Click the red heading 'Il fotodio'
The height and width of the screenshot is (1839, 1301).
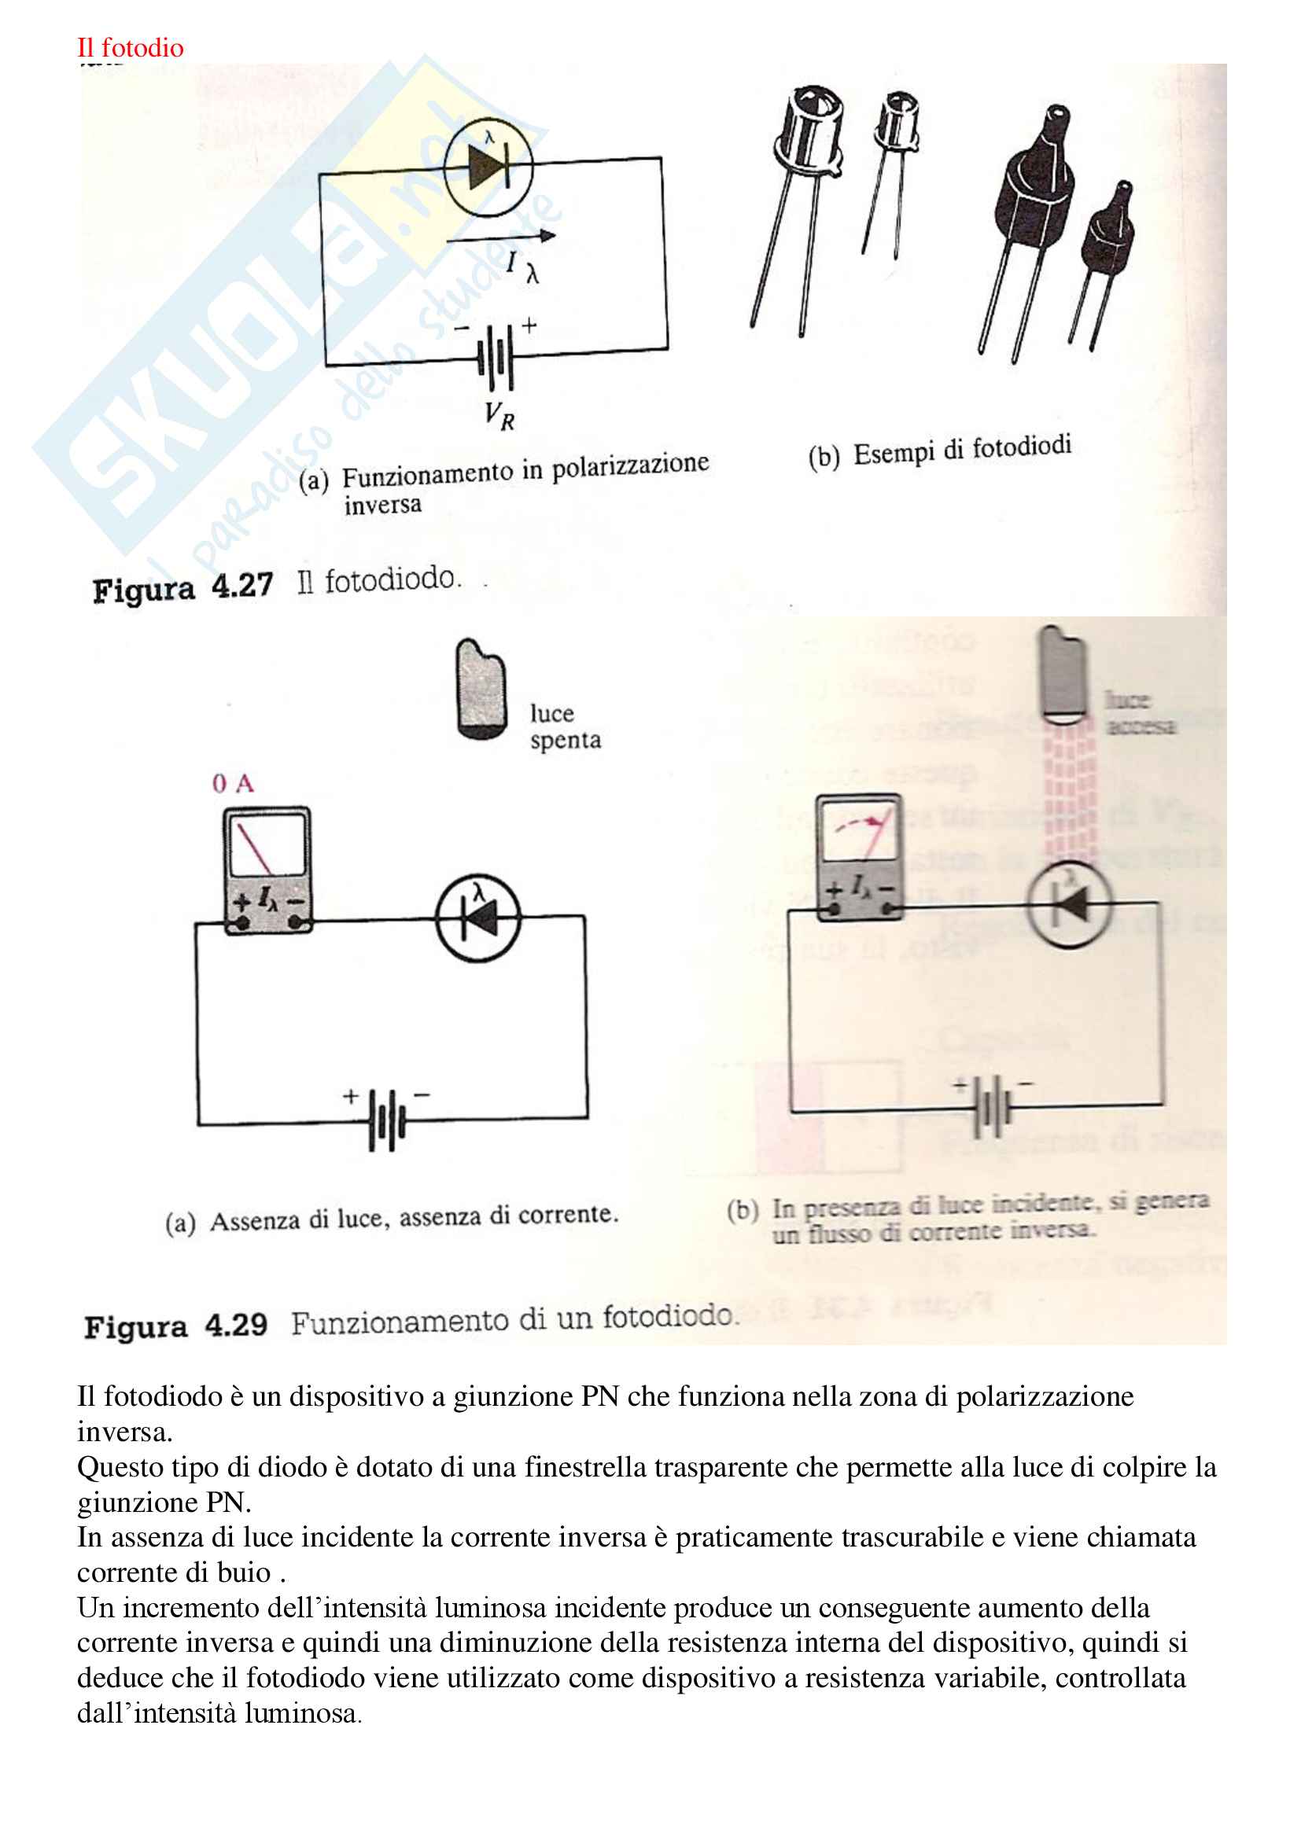(130, 48)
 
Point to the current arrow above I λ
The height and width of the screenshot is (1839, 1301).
(501, 237)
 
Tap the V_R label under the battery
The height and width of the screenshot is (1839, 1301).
(498, 416)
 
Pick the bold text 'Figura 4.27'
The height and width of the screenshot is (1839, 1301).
(182, 587)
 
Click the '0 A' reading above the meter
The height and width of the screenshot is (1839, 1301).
(232, 783)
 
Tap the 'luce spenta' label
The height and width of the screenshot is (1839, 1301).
(565, 726)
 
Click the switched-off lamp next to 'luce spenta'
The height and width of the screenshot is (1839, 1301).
(481, 690)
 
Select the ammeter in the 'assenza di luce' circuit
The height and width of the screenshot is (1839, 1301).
(267, 870)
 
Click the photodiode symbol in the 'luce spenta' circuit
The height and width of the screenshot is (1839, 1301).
(478, 918)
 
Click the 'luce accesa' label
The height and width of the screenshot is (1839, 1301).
(1140, 713)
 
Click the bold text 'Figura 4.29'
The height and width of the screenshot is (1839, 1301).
(175, 1326)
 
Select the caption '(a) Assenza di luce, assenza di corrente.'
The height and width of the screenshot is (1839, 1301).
(392, 1219)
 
